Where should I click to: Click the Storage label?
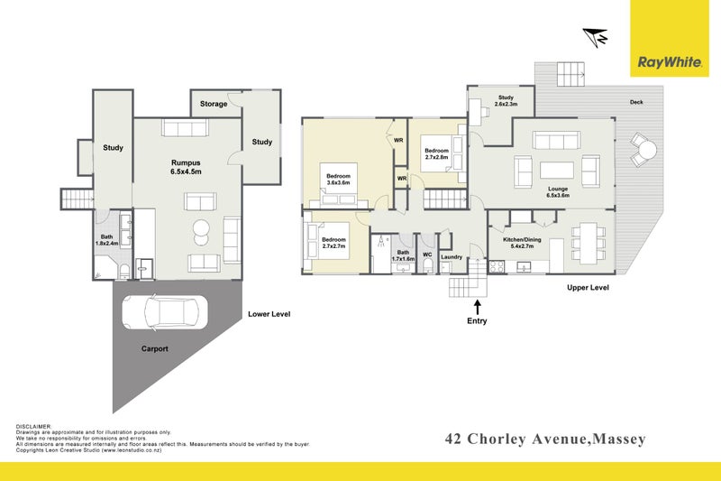click(x=214, y=105)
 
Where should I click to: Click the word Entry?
click(x=476, y=321)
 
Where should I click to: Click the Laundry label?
click(x=452, y=256)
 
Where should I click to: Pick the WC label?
click(x=427, y=255)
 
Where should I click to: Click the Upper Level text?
click(x=589, y=288)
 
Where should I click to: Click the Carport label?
click(x=154, y=347)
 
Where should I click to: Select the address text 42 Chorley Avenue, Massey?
click(x=546, y=439)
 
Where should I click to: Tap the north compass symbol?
click(x=595, y=36)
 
